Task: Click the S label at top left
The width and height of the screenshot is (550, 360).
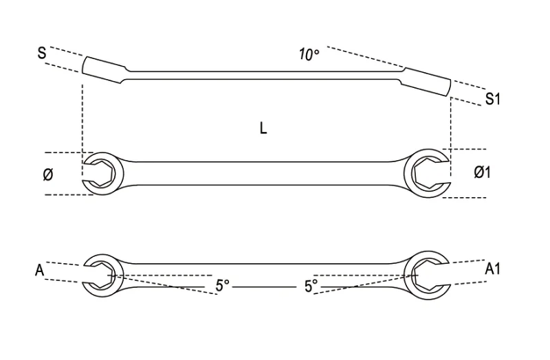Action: [42, 53]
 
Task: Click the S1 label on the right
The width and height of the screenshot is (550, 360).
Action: [492, 98]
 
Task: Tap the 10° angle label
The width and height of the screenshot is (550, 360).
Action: [309, 54]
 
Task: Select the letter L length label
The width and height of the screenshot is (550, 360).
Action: [263, 128]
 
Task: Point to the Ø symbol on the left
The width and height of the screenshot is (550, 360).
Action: [48, 175]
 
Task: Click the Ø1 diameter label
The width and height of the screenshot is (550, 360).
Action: [483, 172]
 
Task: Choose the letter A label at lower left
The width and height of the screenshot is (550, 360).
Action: [40, 270]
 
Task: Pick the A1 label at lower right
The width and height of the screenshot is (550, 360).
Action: [492, 269]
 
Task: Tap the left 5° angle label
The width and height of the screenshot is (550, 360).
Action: [222, 286]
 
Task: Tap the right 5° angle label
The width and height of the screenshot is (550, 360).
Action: [311, 286]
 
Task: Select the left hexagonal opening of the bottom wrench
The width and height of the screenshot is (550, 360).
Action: [100, 275]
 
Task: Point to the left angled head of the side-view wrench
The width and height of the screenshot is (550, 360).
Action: [104, 70]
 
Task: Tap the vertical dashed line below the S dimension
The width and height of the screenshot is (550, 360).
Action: [82, 129]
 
